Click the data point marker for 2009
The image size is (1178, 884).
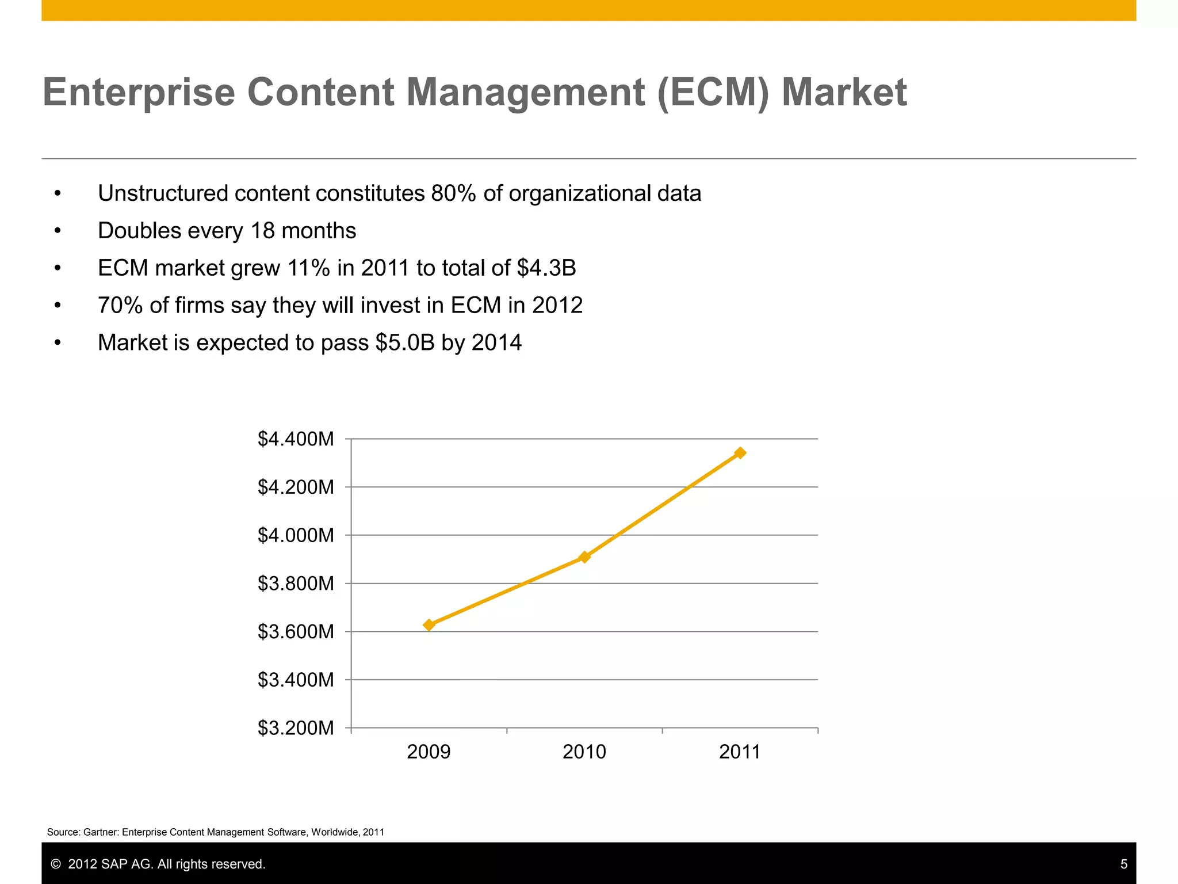pos(429,625)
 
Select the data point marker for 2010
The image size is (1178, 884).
pos(584,557)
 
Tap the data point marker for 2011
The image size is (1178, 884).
pos(740,453)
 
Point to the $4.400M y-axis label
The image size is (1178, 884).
pos(296,439)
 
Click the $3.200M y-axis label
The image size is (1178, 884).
pos(296,728)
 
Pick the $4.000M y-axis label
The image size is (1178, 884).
pos(296,535)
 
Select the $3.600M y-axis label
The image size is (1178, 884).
pos(296,632)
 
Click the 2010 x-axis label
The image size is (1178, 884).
pos(584,752)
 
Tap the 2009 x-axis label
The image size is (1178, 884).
pos(429,752)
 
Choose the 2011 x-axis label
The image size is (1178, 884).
pos(740,752)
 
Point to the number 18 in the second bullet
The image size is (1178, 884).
pos(263,231)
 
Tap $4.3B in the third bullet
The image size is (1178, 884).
pos(546,268)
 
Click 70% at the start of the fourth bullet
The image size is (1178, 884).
pos(120,306)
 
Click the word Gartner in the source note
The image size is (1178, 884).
pos(101,832)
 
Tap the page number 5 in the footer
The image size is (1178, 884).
pos(1123,864)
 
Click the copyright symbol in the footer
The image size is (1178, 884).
pos(56,864)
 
